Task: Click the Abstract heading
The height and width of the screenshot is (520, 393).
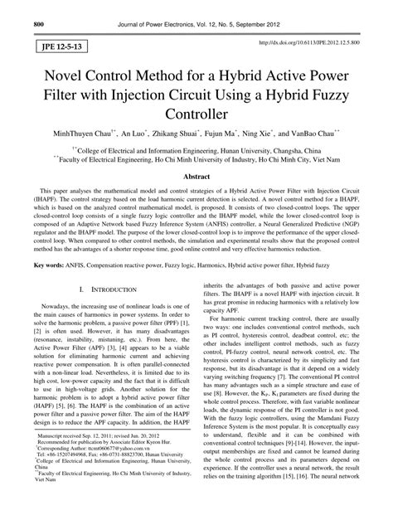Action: pos(196,178)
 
